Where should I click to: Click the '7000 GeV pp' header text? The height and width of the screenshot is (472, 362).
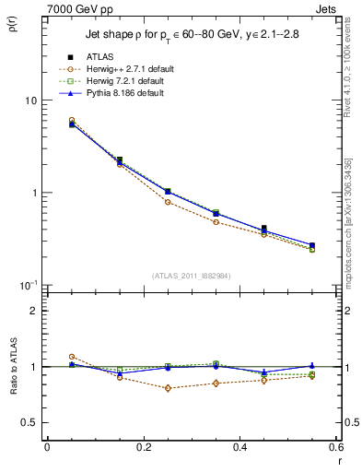pyautogui.click(x=81, y=9)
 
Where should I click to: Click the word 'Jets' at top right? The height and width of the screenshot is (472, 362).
pyautogui.click(x=328, y=9)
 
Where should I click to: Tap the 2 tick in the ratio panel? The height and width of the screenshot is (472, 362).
pyautogui.click(x=35, y=311)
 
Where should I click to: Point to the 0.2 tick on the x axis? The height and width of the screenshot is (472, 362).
pyautogui.click(x=143, y=447)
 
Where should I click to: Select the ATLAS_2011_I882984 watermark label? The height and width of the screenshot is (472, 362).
pyautogui.click(x=191, y=276)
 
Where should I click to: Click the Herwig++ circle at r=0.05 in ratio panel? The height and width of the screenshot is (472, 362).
pyautogui.click(x=71, y=356)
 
